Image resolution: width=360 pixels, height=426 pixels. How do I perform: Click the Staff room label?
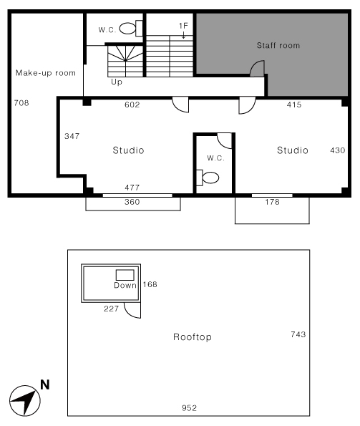click(x=278, y=45)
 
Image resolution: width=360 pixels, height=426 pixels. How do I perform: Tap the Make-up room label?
click(x=46, y=73)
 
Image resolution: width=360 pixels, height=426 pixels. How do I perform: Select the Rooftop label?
click(x=193, y=337)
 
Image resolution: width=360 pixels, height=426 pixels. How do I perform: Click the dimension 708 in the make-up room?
click(x=21, y=103)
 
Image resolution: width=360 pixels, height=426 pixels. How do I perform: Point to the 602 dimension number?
click(x=132, y=105)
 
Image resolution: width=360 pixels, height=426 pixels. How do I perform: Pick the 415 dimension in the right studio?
click(x=294, y=105)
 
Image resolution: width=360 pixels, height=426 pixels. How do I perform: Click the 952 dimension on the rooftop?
click(x=189, y=408)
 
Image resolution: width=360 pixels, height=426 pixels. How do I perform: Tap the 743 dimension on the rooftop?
click(x=298, y=334)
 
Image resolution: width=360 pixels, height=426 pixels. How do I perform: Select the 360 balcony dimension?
click(x=132, y=202)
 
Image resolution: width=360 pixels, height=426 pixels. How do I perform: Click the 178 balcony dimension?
click(x=272, y=202)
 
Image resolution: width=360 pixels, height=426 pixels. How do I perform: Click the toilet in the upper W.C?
click(x=131, y=28)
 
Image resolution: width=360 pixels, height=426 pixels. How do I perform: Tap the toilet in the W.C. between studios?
click(x=208, y=178)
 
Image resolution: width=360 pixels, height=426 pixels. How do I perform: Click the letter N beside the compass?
click(x=45, y=384)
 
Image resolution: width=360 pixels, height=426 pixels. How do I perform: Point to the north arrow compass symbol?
click(x=25, y=401)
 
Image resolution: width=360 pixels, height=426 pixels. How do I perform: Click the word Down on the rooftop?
click(x=125, y=285)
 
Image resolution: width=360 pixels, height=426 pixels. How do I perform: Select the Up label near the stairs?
click(x=117, y=82)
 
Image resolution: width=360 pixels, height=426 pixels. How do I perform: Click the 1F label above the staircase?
click(x=183, y=26)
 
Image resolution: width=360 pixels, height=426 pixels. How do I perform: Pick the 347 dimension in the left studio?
click(x=72, y=136)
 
